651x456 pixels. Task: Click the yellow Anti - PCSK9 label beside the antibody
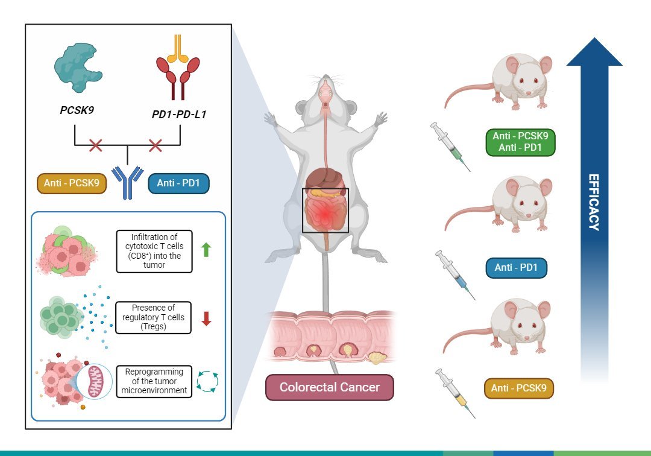pyautogui.click(x=72, y=182)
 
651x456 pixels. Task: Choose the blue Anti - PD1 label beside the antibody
pyautogui.click(x=178, y=182)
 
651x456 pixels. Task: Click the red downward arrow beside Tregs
pyautogui.click(x=207, y=318)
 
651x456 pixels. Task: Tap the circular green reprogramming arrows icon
pyautogui.click(x=207, y=382)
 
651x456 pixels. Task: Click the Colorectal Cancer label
pyautogui.click(x=329, y=388)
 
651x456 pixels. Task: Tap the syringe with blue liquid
pyautogui.click(x=456, y=275)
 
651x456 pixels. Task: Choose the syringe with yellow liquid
pyautogui.click(x=456, y=393)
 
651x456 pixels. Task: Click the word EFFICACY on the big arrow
pyautogui.click(x=594, y=203)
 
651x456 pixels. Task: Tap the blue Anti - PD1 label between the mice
pyautogui.click(x=516, y=267)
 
